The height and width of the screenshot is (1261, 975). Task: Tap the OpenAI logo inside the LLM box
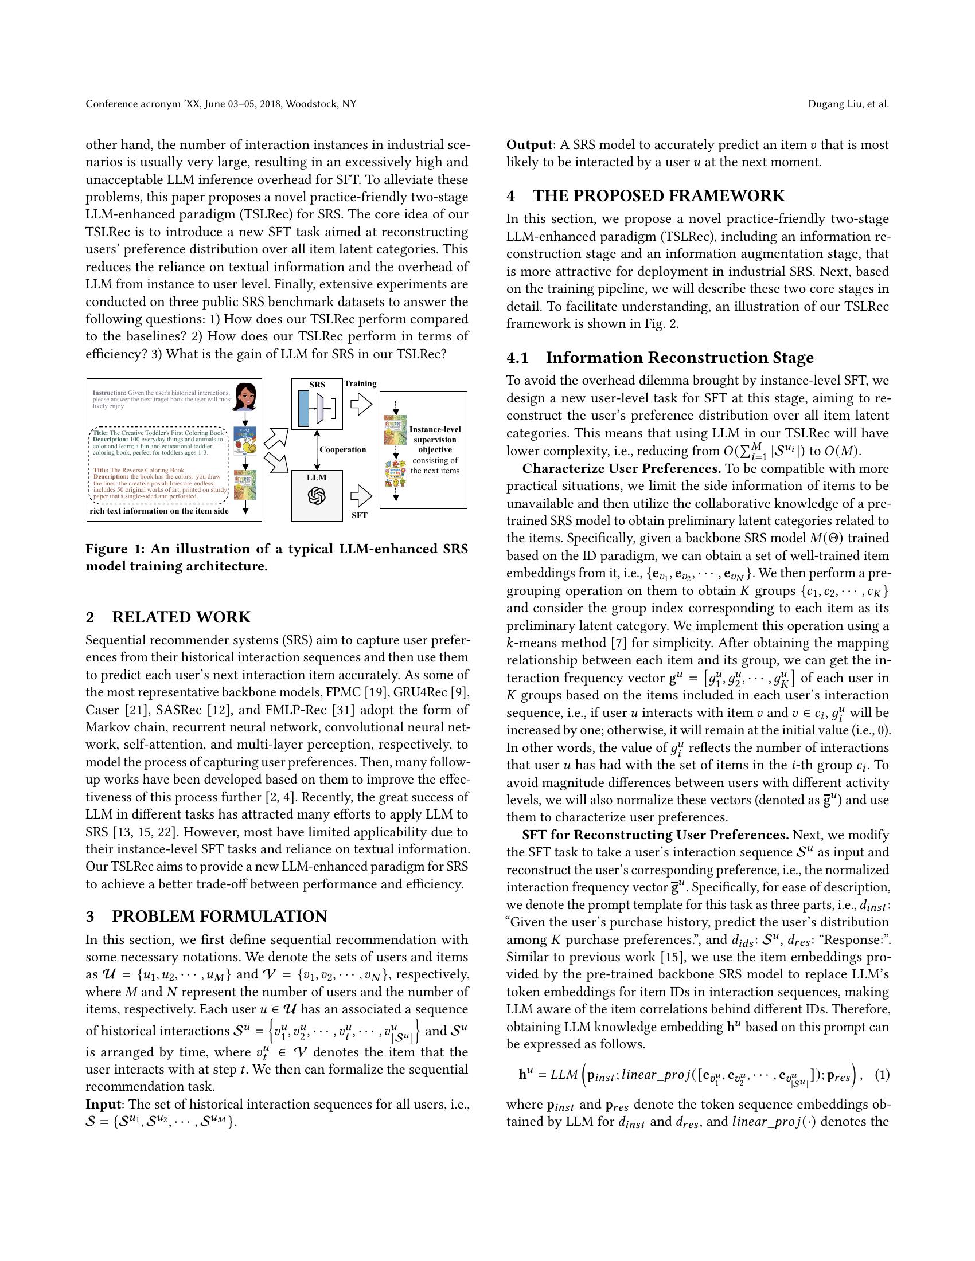317,496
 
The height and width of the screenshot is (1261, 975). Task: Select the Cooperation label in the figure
342,449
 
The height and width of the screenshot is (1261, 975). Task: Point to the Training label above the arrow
360,383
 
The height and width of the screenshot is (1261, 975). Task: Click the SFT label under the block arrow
359,515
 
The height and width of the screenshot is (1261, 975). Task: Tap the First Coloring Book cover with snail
245,442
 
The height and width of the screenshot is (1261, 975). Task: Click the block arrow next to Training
361,404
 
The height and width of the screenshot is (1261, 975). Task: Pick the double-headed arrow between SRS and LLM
317,450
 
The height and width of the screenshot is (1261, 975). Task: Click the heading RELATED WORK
181,617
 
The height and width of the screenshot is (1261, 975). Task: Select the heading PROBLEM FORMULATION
219,917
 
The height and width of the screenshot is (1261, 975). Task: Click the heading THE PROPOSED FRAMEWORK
658,195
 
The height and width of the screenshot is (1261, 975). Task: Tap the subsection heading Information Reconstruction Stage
679,358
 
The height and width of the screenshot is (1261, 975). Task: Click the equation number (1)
882,1075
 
